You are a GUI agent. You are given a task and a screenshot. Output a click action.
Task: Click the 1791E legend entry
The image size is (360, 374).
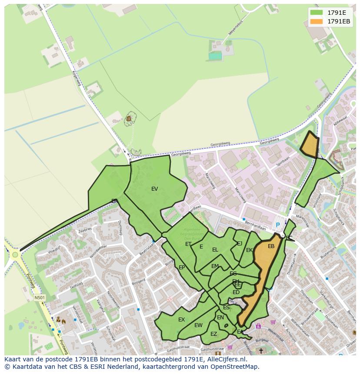(336, 13)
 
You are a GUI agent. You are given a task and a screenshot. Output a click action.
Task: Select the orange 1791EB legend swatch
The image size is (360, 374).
(317, 21)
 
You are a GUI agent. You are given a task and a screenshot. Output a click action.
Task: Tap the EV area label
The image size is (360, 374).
(154, 189)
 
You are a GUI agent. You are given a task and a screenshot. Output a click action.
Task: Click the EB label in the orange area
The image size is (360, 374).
(271, 246)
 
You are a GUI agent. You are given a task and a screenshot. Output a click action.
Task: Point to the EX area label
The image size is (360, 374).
(181, 319)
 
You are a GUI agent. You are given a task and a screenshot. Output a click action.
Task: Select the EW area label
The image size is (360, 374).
(198, 325)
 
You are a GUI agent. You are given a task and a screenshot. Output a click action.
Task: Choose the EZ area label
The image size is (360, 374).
(213, 334)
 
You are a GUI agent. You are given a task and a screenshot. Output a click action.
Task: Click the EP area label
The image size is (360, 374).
(182, 267)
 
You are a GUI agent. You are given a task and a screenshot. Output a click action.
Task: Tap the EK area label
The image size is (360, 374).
(249, 250)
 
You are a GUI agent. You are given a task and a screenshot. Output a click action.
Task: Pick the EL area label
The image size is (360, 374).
(215, 249)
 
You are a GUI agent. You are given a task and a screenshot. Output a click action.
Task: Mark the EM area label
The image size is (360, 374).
(215, 266)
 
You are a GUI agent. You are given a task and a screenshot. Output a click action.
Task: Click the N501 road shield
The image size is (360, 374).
(40, 298)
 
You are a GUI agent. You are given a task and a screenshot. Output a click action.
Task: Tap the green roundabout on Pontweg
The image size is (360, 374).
(16, 255)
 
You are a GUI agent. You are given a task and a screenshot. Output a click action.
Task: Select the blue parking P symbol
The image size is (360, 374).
(278, 225)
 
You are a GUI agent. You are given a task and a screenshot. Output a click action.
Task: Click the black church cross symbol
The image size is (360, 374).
(261, 350)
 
